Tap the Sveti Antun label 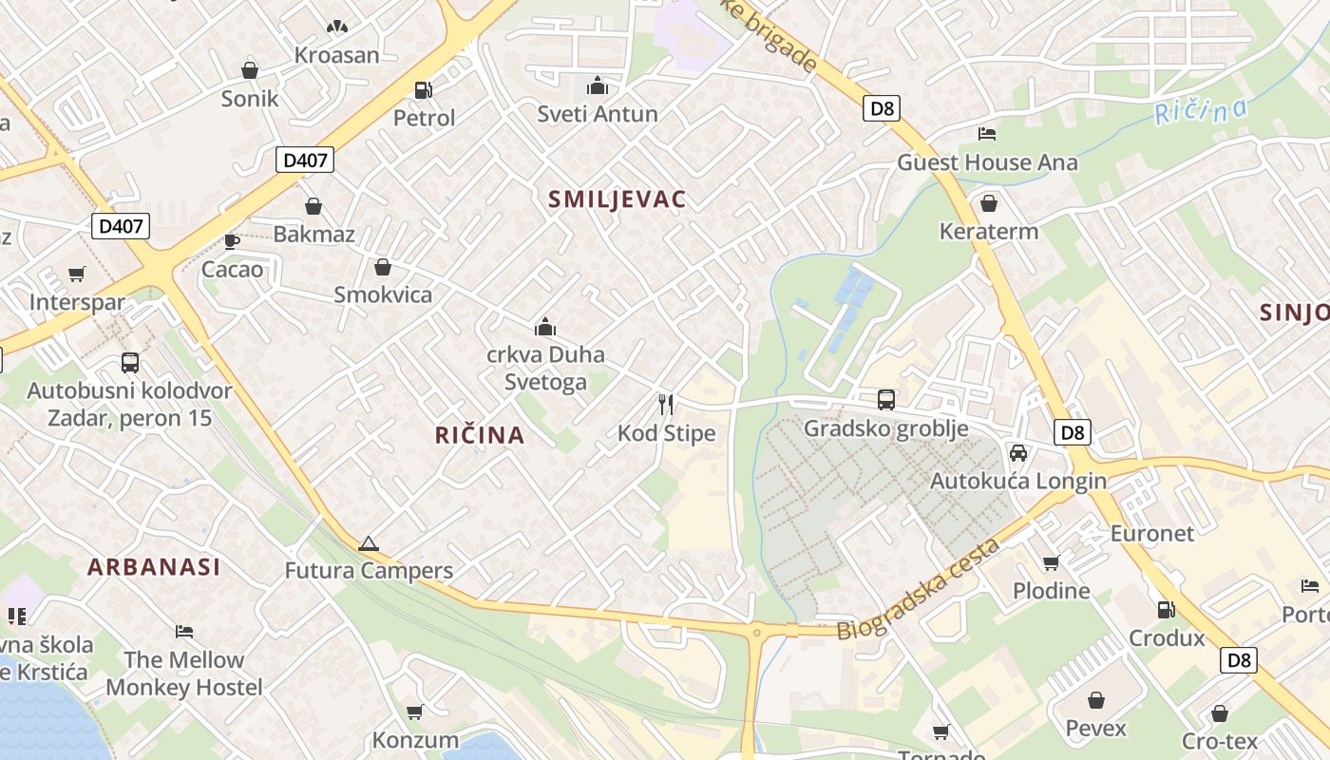[x=598, y=114]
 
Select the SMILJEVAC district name [x=617, y=199]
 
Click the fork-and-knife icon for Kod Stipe [x=666, y=405]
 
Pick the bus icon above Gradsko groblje [x=886, y=400]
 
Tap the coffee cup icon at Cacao [x=232, y=241]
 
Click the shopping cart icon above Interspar [x=77, y=275]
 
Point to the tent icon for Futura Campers [x=369, y=543]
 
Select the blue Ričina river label [x=1201, y=111]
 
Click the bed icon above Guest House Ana [x=987, y=134]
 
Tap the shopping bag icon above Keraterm [x=989, y=203]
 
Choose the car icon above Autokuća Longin [x=1018, y=453]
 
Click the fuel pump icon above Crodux [x=1166, y=610]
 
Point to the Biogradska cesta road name [x=919, y=589]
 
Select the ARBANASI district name [x=154, y=567]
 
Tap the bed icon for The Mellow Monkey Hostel [x=184, y=632]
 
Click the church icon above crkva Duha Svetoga [x=545, y=327]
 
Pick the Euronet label [x=1152, y=533]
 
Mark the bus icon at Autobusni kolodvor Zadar [x=130, y=363]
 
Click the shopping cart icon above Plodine [x=1051, y=563]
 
